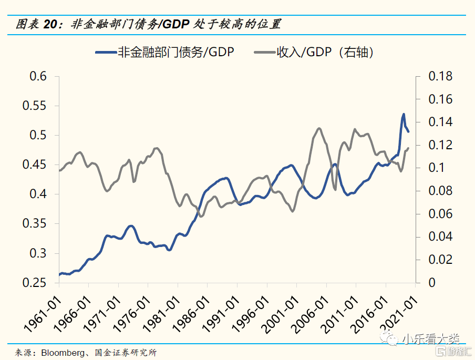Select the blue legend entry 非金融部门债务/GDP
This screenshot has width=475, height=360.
click(164, 52)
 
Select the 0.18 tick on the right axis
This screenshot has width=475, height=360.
click(440, 77)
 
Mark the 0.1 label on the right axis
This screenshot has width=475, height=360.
click(436, 168)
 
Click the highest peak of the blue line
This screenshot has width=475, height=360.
click(404, 114)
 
